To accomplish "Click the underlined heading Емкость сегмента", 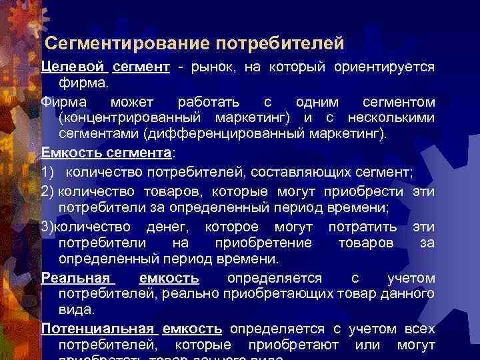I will (x=106, y=153).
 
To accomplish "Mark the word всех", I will (x=419, y=329).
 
